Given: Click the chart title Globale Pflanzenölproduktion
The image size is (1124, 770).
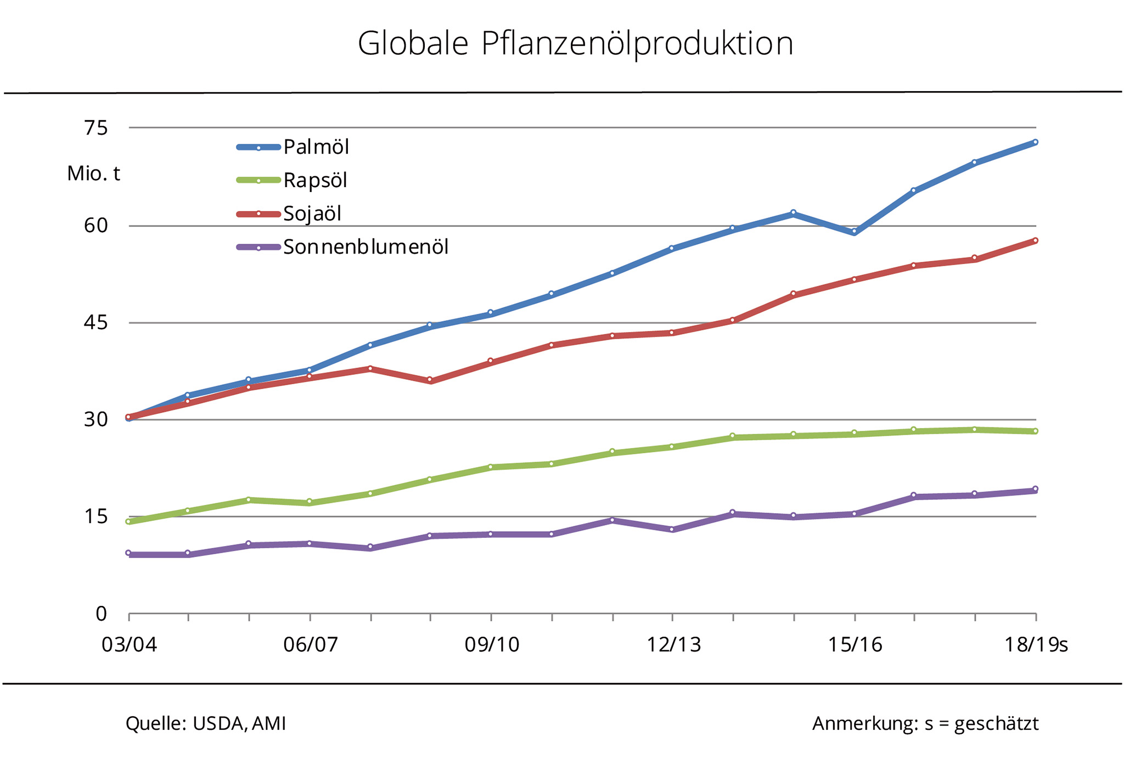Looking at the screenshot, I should click(x=575, y=44).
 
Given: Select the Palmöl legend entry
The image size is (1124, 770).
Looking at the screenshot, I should click(x=316, y=147).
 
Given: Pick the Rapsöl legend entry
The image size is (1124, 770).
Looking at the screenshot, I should click(x=314, y=181).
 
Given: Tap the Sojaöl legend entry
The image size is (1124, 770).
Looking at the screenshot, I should click(x=312, y=213).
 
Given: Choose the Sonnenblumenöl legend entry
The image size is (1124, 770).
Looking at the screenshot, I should click(x=365, y=248).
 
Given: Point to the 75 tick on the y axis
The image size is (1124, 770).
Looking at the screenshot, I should click(x=95, y=128).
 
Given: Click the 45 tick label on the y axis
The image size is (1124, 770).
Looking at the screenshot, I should click(x=95, y=323).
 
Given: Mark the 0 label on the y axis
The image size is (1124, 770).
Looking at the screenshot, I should click(x=101, y=614).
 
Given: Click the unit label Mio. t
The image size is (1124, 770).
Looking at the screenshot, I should click(x=93, y=174).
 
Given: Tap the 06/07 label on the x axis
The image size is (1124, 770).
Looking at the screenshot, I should click(x=310, y=644).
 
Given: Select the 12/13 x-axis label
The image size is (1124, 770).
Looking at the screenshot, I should click(x=673, y=644).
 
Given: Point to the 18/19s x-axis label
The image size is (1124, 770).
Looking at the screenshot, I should click(x=1036, y=644).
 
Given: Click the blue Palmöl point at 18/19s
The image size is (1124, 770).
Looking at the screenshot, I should click(x=1035, y=142).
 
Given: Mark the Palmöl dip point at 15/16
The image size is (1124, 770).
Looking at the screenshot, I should click(x=854, y=232).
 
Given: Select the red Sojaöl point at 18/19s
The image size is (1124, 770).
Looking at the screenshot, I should click(x=1035, y=240).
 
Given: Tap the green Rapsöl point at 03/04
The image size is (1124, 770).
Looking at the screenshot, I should click(x=128, y=521).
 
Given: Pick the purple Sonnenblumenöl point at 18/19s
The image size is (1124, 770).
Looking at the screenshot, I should click(x=1035, y=489).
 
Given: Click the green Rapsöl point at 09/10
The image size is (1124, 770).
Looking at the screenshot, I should click(x=491, y=467).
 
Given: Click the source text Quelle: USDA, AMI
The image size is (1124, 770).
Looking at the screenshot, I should click(x=206, y=724).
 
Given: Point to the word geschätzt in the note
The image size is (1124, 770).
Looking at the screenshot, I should click(x=996, y=724).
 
